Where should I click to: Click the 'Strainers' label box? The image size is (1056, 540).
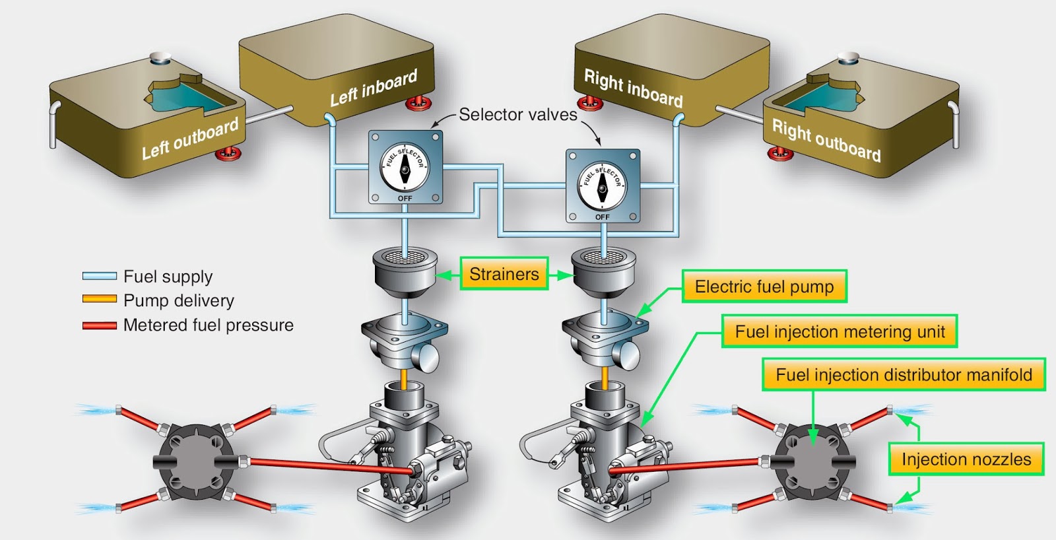[504, 273]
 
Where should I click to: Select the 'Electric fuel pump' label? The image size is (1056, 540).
[764, 287]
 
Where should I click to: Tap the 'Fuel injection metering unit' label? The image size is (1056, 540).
[840, 331]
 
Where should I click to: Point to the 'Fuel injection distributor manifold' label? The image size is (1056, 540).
[904, 374]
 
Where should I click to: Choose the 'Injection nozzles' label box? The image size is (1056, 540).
[966, 459]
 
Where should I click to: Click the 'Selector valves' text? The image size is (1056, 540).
[518, 114]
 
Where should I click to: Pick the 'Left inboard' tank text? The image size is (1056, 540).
[374, 88]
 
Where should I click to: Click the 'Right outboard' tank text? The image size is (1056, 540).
[826, 140]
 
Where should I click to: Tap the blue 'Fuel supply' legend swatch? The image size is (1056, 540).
[100, 277]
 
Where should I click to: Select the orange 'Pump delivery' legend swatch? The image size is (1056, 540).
[100, 299]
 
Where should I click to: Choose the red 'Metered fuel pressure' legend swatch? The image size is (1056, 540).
[100, 325]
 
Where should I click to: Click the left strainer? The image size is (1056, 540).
[405, 273]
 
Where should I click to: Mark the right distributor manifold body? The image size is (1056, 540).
[812, 461]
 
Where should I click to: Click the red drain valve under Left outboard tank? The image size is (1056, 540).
[228, 154]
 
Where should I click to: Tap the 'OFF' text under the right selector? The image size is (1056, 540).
[602, 217]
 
